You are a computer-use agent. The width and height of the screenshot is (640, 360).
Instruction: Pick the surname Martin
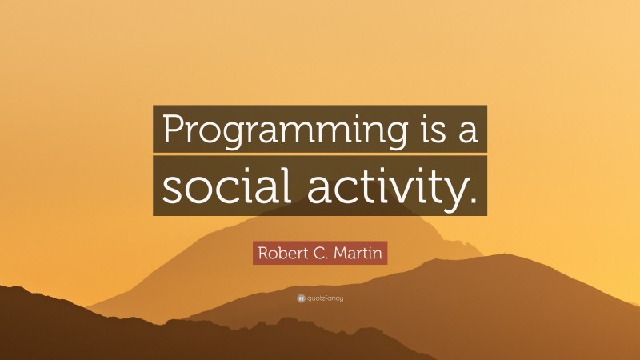359,254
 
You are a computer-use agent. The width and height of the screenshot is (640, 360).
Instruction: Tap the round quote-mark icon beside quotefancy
301,298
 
